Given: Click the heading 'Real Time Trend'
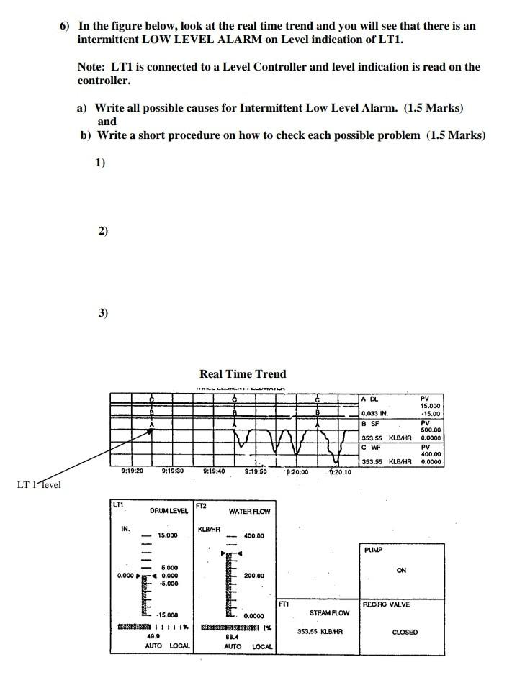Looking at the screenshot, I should pos(243,373).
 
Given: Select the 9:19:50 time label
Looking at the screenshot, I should pos(256,472).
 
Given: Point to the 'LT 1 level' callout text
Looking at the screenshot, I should pos(39,484).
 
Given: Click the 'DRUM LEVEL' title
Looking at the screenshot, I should pos(169,511).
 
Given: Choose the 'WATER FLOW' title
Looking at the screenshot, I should pos(249,512).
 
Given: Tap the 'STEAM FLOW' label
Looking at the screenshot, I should pos(329,613).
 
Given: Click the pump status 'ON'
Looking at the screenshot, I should pos(401,570).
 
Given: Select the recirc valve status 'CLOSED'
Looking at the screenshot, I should pos(405,633).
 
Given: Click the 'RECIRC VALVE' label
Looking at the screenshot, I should pos(386,604).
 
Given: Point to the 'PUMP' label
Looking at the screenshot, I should pos(373,549).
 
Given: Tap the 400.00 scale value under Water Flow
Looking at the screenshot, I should pos(253,535).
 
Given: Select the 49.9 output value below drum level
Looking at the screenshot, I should pos(153,636).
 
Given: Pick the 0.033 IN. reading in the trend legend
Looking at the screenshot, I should pos(374,414).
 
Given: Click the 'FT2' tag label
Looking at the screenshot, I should pos(202,506).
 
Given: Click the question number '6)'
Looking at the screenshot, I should pos(65,26).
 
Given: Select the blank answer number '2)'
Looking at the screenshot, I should pos(103,231).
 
